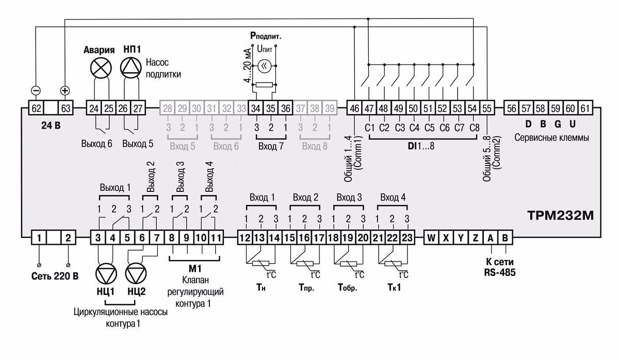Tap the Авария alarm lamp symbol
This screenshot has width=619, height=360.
pos(101,67)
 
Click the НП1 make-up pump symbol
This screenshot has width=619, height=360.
pos(131,67)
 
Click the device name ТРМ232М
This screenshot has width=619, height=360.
pos(560,214)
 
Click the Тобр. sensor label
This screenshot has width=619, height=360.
pos(347,287)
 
